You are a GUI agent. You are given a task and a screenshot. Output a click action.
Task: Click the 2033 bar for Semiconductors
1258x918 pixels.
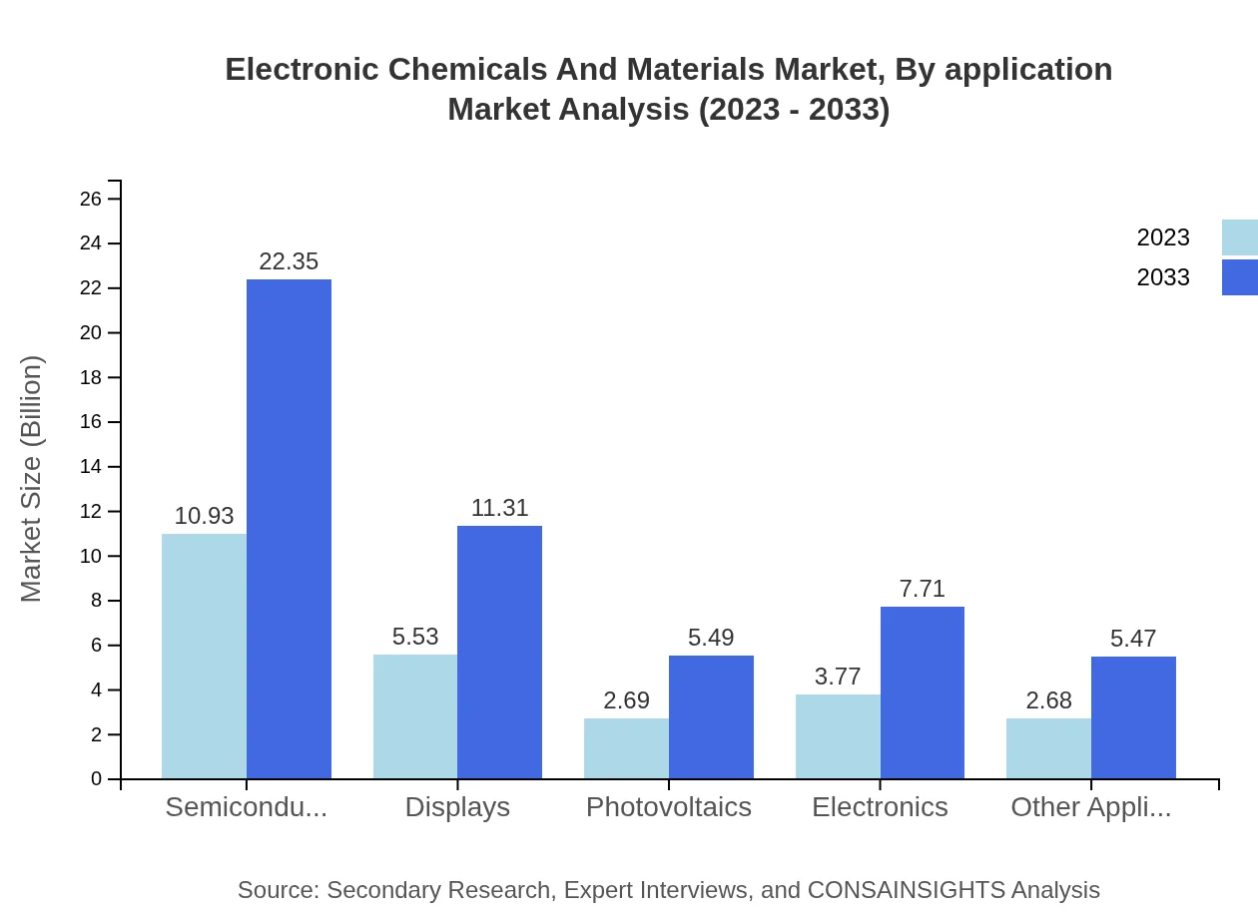click(289, 529)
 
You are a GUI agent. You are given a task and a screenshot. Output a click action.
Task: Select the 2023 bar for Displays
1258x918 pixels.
click(415, 716)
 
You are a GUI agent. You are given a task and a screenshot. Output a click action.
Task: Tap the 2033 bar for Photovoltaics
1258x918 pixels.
click(711, 716)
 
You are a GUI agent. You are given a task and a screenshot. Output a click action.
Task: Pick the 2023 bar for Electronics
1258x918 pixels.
click(838, 736)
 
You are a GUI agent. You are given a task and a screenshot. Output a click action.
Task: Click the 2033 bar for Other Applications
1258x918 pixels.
click(1133, 717)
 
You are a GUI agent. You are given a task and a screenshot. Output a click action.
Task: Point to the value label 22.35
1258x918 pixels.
click(289, 261)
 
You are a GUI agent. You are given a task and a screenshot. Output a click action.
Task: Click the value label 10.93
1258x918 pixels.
click(204, 516)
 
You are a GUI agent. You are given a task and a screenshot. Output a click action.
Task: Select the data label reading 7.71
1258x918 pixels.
click(922, 589)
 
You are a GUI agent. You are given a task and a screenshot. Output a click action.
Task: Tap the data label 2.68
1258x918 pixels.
click(1048, 700)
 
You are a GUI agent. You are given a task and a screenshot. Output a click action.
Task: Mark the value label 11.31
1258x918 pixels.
click(499, 508)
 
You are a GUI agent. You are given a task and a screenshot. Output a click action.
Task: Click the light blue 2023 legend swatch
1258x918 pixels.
click(1240, 237)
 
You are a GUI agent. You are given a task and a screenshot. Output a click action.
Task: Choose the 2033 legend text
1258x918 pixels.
click(1163, 277)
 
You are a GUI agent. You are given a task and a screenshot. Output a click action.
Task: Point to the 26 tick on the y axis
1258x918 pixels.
click(91, 199)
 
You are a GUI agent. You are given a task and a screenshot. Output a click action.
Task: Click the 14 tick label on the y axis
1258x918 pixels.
click(91, 467)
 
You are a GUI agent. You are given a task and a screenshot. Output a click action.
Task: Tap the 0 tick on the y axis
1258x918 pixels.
click(97, 779)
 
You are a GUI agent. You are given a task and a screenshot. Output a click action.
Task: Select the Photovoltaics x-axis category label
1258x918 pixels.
click(669, 807)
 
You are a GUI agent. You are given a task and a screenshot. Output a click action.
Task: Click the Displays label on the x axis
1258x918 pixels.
click(457, 807)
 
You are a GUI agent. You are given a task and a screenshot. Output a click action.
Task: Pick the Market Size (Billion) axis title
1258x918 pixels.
click(32, 479)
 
